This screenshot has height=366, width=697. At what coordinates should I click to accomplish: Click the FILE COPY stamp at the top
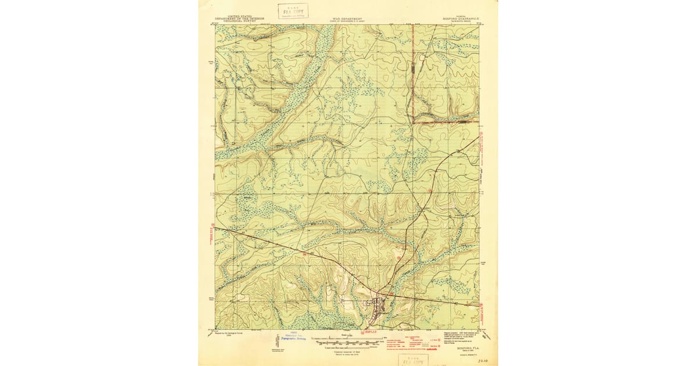pyautogui.click(x=293, y=11)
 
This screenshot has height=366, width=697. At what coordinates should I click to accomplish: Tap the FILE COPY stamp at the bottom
pyautogui.click(x=413, y=360)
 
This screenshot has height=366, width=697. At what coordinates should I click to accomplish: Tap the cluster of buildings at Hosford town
pyautogui.click(x=378, y=304)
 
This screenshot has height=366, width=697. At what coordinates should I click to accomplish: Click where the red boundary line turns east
pyautogui.click(x=413, y=122)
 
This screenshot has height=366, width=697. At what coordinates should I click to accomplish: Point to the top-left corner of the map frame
pyautogui.click(x=215, y=25)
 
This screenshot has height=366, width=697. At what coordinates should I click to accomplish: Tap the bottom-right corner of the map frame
pyautogui.click(x=479, y=329)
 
